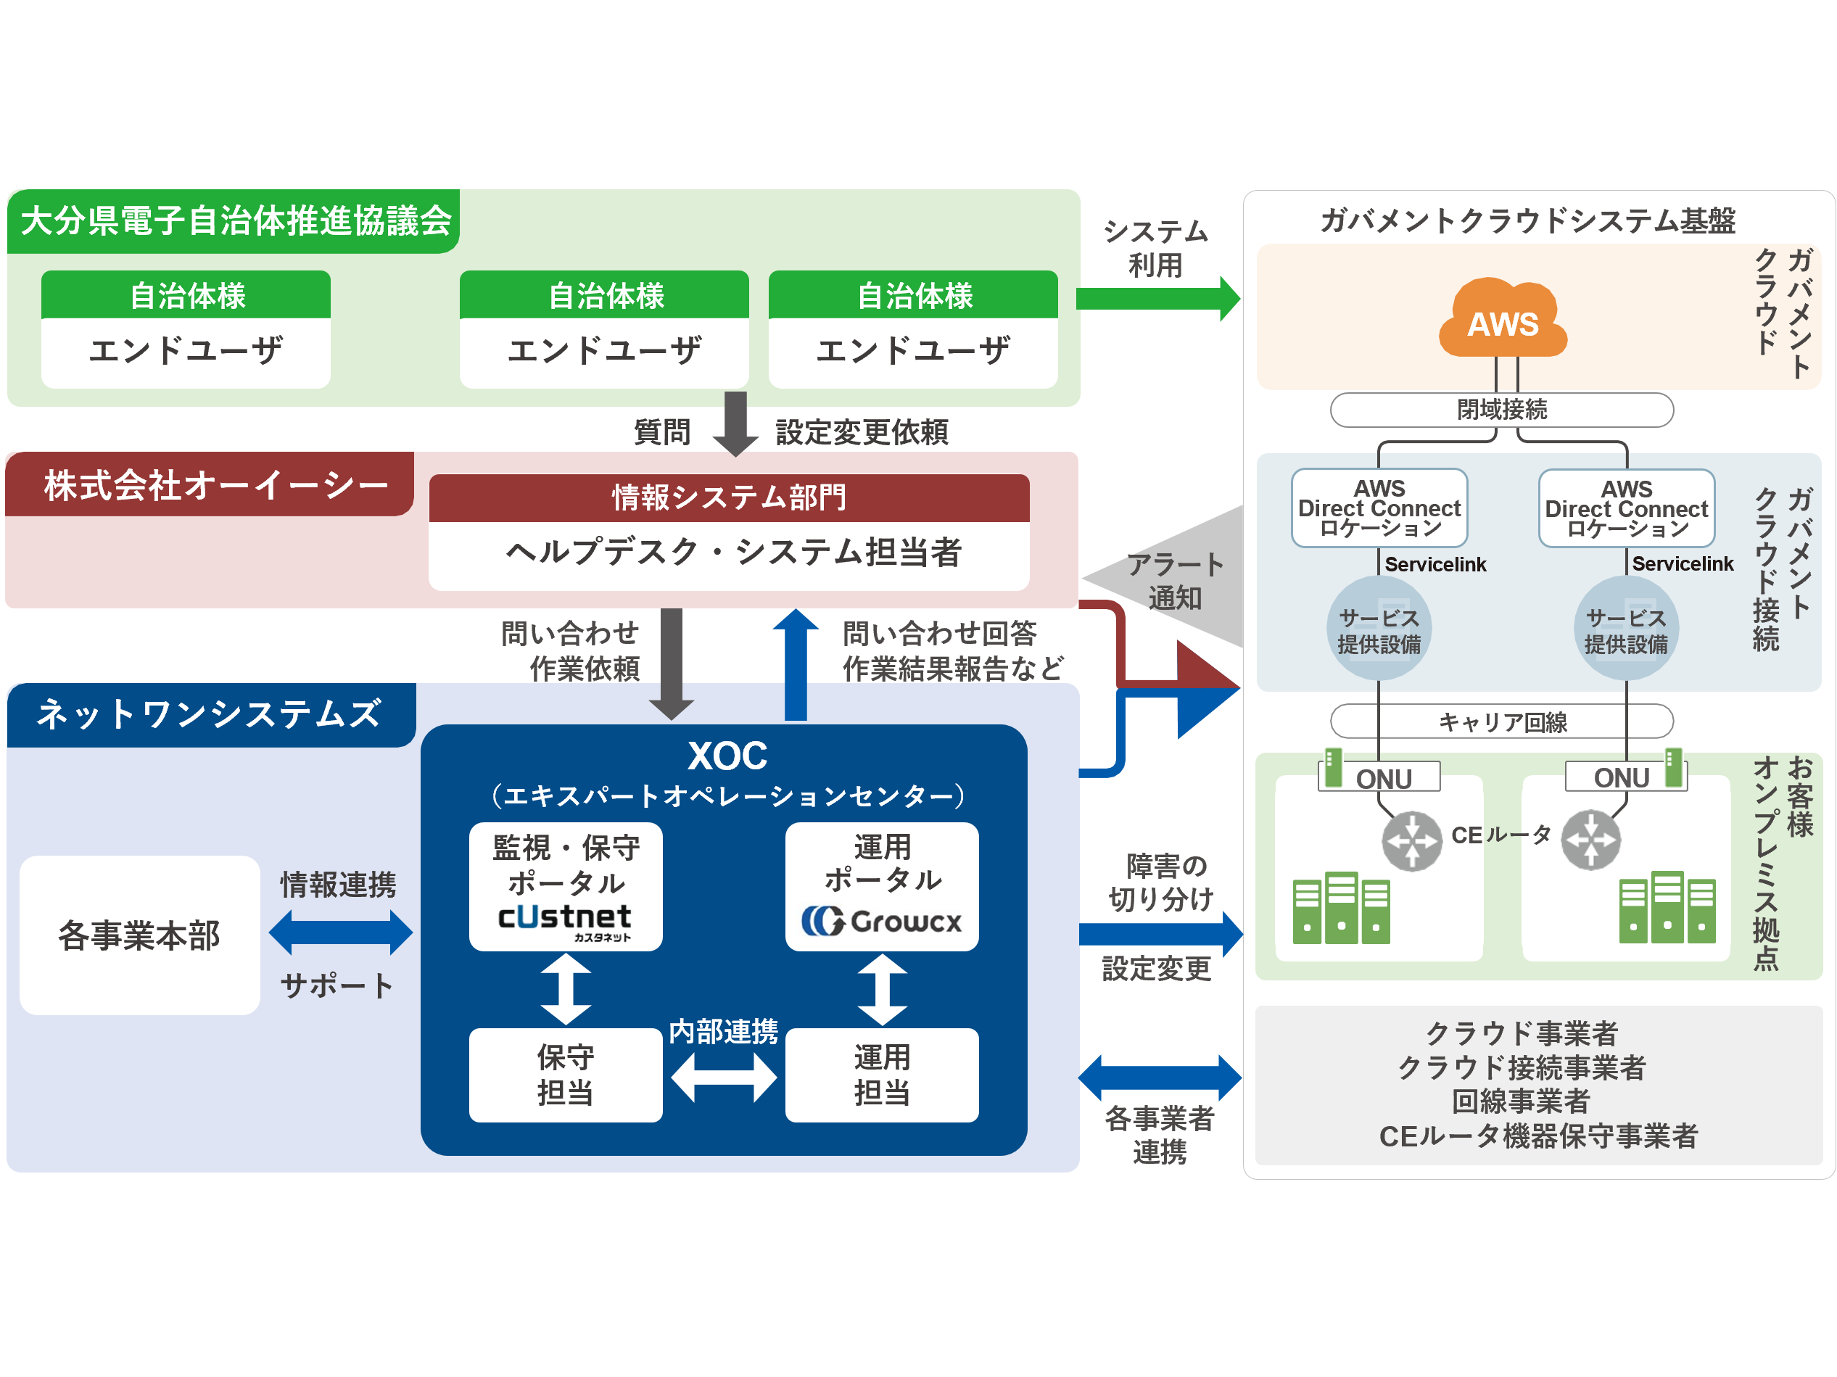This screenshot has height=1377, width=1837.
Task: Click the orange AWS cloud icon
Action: pyautogui.click(x=1503, y=321)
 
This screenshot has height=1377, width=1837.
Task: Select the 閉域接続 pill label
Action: pyautogui.click(x=1501, y=410)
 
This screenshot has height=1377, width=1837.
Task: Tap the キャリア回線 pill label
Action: pyautogui.click(x=1501, y=721)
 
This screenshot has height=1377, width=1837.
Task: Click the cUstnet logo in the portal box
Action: pyautogui.click(x=565, y=919)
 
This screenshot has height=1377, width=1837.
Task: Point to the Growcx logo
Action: pyautogui.click(x=882, y=920)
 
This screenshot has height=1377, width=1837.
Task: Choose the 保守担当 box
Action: pyautogui.click(x=566, y=1075)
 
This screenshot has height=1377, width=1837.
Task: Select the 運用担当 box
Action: pyautogui.click(x=882, y=1075)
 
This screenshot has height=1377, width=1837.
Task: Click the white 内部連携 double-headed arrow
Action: pyautogui.click(x=723, y=1078)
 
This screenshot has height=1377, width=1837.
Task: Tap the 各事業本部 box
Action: pyautogui.click(x=139, y=935)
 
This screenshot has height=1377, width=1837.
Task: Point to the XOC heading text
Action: pyautogui.click(x=727, y=756)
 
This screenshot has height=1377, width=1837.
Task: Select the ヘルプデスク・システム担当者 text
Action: pyautogui.click(x=732, y=553)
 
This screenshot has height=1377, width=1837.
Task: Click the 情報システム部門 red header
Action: pyautogui.click(x=728, y=497)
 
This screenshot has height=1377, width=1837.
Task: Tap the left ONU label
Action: pyautogui.click(x=1383, y=778)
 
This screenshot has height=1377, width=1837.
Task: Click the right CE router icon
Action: pyautogui.click(x=1590, y=840)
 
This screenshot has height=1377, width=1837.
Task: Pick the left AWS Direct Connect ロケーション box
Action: pyautogui.click(x=1379, y=508)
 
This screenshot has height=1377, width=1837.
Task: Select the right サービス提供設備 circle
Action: pyautogui.click(x=1626, y=629)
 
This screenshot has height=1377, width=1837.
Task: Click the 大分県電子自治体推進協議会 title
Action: pyautogui.click(x=236, y=221)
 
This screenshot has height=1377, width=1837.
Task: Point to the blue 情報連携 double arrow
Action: pyautogui.click(x=340, y=932)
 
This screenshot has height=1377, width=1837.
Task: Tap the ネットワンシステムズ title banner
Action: pyautogui.click(x=210, y=714)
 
